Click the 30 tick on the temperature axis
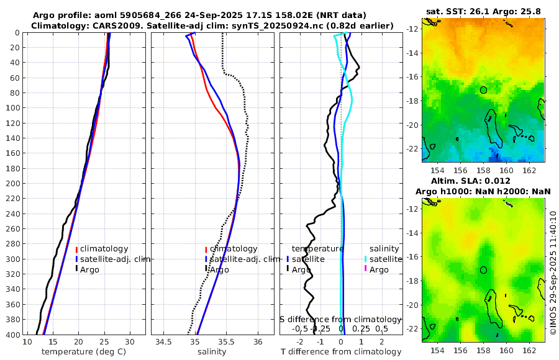click(129, 342)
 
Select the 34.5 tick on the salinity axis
click(164, 342)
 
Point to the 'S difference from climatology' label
click(340, 319)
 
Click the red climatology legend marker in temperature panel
click(76, 250)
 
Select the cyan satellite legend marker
click(366, 259)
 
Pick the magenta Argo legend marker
click(366, 269)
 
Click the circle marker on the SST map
click(483, 90)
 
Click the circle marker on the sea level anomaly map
click(483, 270)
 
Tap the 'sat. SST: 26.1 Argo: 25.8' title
click(483, 12)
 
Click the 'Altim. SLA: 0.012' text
click(483, 180)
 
